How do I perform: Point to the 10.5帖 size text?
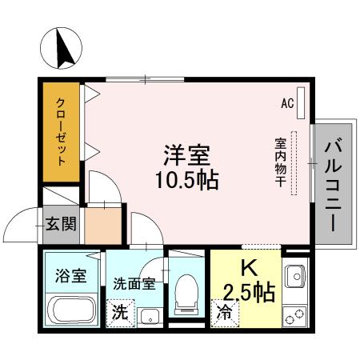click(x=186, y=178)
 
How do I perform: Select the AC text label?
click(x=286, y=103)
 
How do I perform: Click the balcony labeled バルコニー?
click(x=335, y=184)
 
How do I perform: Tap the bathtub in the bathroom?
click(x=72, y=309)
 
